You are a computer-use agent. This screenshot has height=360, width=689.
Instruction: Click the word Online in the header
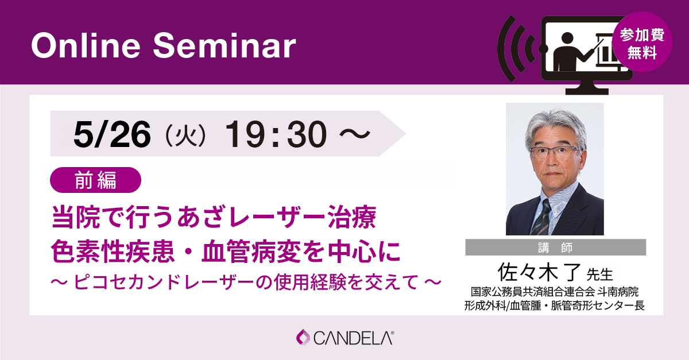pos(86,45)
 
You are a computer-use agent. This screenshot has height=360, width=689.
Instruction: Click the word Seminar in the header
pos(224,45)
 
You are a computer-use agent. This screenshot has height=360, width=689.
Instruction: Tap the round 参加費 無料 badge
pos(642,42)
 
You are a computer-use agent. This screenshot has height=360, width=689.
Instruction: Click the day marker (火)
pos(186,135)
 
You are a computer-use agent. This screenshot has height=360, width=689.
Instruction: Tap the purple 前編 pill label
pos(95,180)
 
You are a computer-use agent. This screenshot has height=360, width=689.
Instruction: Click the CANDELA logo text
pos(354,338)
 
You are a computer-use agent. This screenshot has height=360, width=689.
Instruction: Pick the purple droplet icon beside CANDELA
pos(303,337)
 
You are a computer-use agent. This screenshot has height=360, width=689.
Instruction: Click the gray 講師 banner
pos(556,247)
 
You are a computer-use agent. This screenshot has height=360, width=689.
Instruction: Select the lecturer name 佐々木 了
pos(539,272)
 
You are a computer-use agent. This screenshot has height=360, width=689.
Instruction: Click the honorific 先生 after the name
pos(600,274)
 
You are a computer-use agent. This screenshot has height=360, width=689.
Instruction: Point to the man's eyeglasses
pos(555,152)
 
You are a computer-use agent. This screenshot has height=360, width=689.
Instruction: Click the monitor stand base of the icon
pos(587,91)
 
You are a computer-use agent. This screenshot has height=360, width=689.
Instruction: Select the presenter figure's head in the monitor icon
pos(567,38)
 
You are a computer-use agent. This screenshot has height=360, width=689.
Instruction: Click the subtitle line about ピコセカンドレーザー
pos(246,282)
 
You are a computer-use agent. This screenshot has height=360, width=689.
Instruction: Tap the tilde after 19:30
pos(355,134)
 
